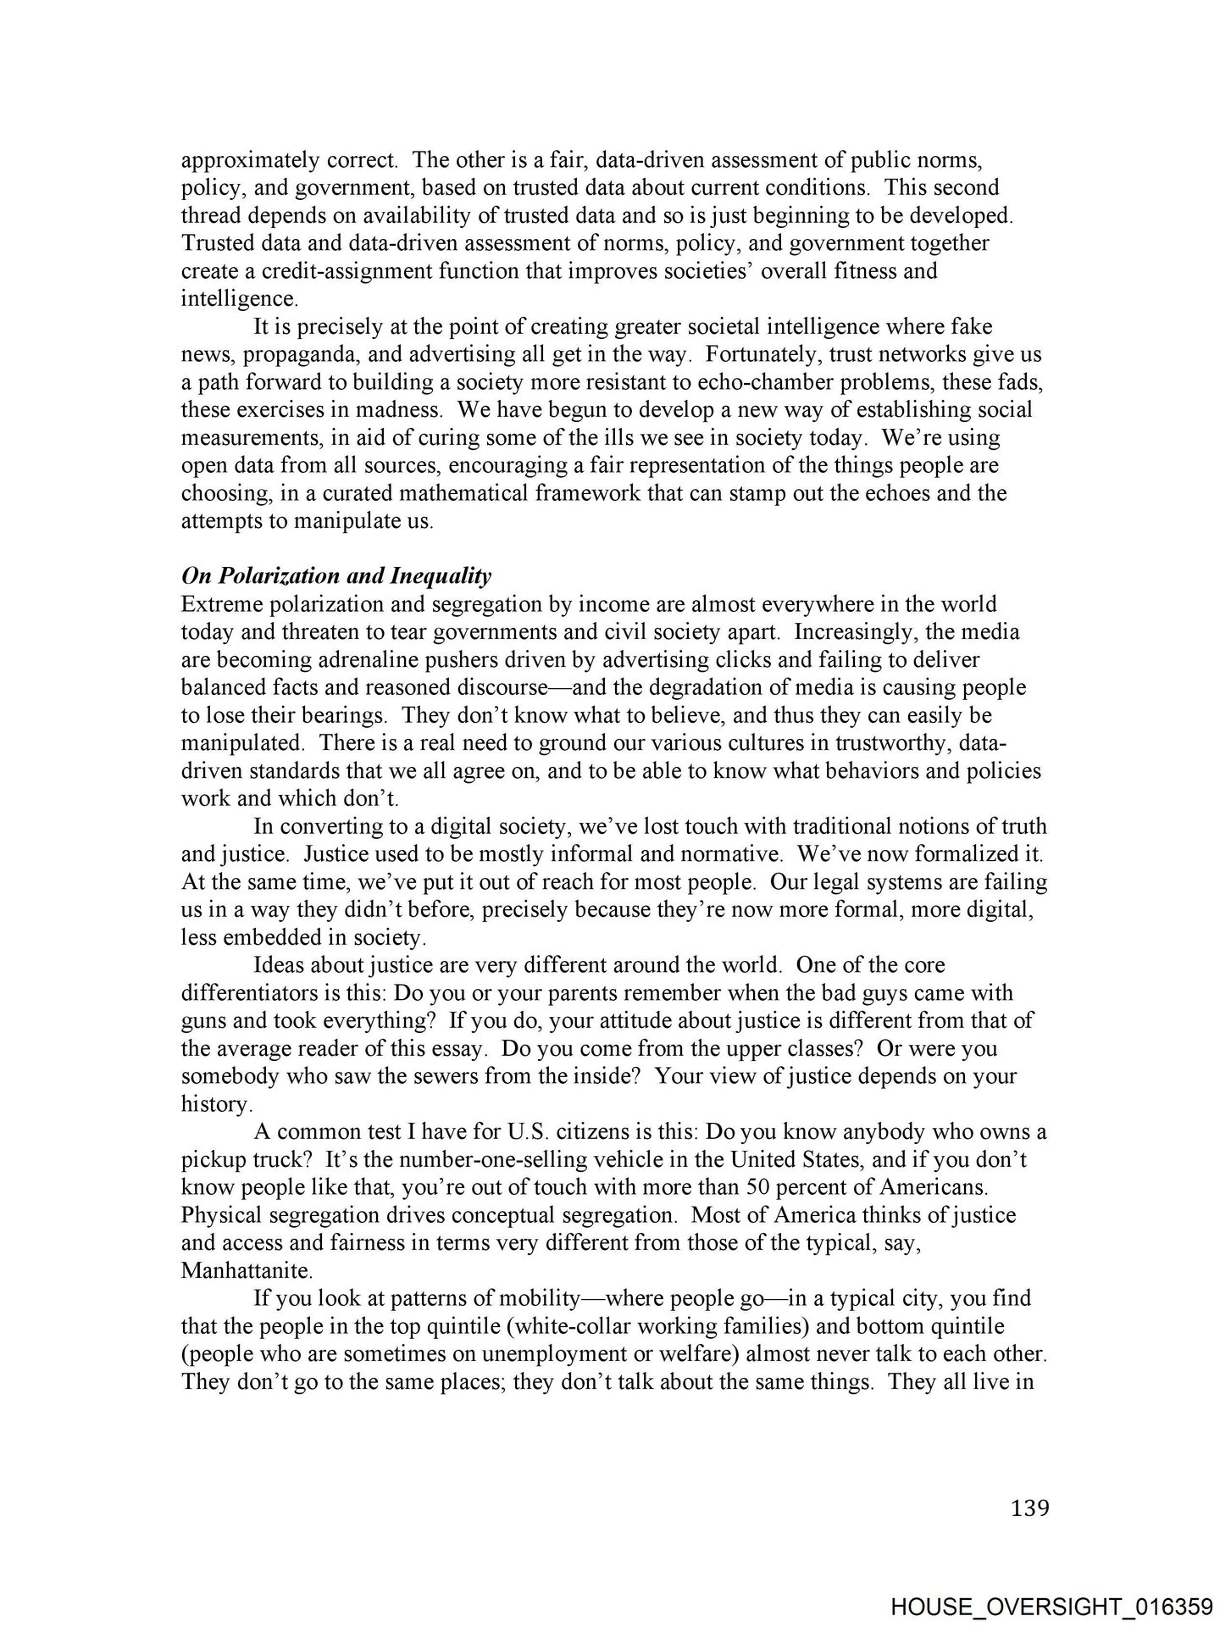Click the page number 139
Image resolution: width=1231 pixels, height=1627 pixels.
(x=1029, y=1508)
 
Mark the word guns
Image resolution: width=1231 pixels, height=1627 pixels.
(x=202, y=1021)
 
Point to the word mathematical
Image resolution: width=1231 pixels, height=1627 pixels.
(x=441, y=493)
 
